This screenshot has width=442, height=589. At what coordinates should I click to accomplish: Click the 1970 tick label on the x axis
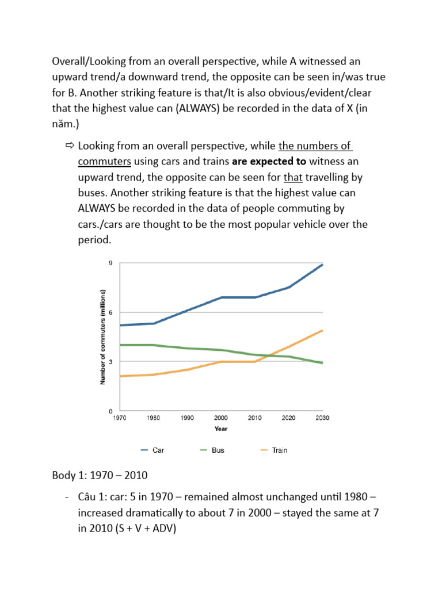tap(120, 419)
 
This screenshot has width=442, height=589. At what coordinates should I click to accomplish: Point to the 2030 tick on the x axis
tap(322, 419)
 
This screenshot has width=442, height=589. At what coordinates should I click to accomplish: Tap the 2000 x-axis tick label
tap(221, 419)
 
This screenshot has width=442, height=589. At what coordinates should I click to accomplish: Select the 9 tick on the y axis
tap(110, 263)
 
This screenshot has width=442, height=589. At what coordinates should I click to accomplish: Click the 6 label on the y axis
tap(110, 312)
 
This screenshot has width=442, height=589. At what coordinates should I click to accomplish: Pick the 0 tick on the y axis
tap(110, 411)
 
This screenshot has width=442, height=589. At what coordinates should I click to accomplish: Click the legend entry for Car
tap(152, 450)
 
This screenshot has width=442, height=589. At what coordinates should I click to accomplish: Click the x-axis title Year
tap(221, 429)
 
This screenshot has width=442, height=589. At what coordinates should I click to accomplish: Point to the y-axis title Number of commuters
tap(102, 337)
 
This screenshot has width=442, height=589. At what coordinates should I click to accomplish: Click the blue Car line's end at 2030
tap(322, 265)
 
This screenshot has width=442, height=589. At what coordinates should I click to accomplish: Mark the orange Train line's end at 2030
tap(322, 331)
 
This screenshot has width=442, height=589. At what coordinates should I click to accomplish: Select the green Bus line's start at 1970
tap(120, 345)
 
